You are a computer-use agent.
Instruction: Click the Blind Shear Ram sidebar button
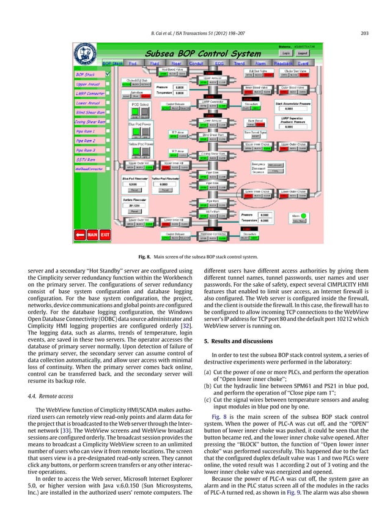[86, 112]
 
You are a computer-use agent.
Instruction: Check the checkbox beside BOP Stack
[108, 73]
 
